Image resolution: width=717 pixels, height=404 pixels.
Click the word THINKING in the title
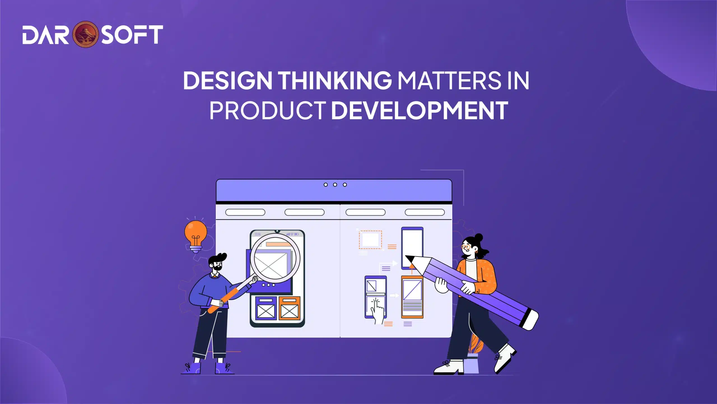pos(335,81)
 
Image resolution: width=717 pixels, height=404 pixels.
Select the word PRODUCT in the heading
pos(267,111)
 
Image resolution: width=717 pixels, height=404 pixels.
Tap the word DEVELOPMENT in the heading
pos(419,111)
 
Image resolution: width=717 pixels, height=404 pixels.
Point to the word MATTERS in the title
pos(449,81)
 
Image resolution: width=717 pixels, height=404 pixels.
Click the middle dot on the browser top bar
pos(335,185)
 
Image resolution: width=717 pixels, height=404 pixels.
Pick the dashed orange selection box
pos(370,240)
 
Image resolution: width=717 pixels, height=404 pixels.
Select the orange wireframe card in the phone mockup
pos(290,308)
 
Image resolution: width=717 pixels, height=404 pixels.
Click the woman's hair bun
pos(479,237)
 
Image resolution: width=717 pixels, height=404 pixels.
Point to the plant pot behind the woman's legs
pos(471,364)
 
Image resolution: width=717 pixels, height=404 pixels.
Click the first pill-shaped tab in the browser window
pos(245,212)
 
